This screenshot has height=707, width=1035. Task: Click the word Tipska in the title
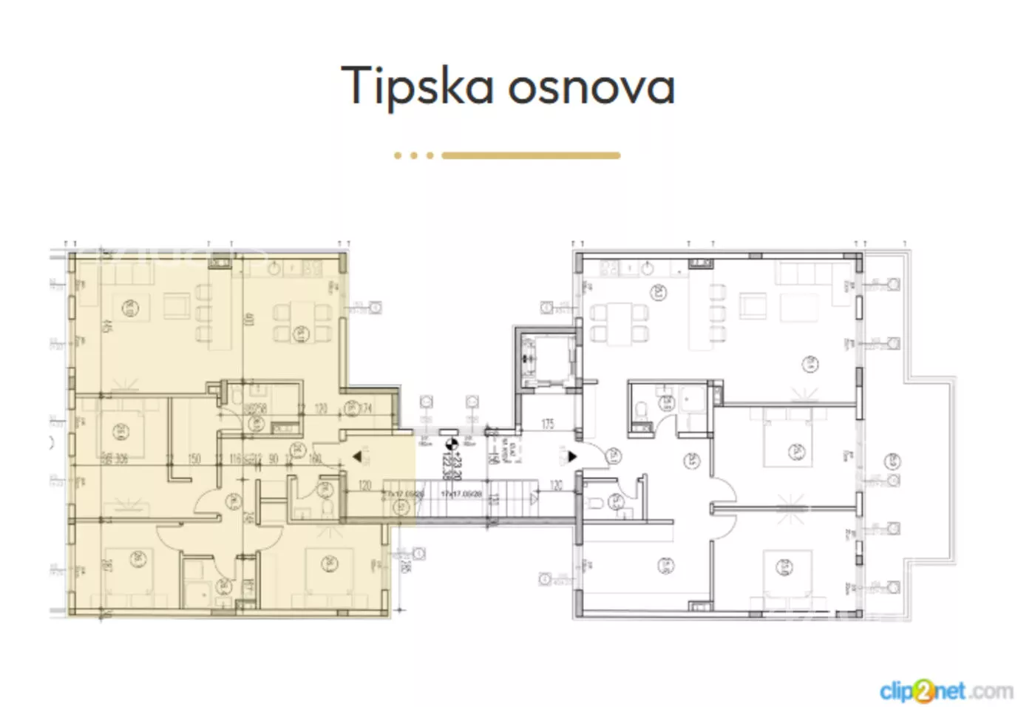[x=416, y=86]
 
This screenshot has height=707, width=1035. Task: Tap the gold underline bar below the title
[x=530, y=155]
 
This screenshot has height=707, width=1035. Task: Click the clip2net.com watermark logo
[x=946, y=691]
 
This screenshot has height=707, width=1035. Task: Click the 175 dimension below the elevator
[x=548, y=424]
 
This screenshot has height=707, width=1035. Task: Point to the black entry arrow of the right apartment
[x=571, y=457]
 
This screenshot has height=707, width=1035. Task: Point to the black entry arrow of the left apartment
[x=356, y=457]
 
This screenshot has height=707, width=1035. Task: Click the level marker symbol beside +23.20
[x=452, y=444]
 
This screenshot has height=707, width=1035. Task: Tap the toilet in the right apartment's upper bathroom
[x=642, y=409]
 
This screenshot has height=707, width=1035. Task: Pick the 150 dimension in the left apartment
[x=194, y=459]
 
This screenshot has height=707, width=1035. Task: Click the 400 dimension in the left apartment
[x=248, y=320]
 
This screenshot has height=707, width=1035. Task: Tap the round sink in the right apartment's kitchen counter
[x=648, y=268]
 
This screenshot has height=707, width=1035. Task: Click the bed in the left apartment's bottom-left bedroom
[x=130, y=570]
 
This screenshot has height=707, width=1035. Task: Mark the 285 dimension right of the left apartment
[x=404, y=566]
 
